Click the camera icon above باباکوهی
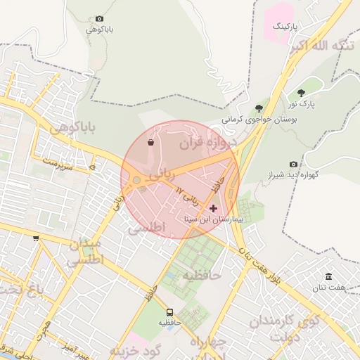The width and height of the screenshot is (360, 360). click(99, 18)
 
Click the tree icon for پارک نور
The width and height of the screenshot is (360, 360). click(301, 93)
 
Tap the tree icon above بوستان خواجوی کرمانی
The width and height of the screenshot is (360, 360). click(259, 108)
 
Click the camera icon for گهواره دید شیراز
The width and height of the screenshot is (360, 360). click(293, 164)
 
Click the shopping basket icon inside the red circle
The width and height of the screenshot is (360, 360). click(150, 142)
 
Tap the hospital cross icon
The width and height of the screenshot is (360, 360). click(214, 208)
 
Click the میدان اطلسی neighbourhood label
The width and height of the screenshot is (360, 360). click(86, 251)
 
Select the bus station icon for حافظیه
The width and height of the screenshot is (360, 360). click(169, 311)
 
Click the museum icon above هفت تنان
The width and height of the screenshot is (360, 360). click(328, 276)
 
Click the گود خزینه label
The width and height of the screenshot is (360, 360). click(136, 349)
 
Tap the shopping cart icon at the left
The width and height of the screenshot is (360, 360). click(36, 238)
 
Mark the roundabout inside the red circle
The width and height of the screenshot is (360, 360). click(136, 181)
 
